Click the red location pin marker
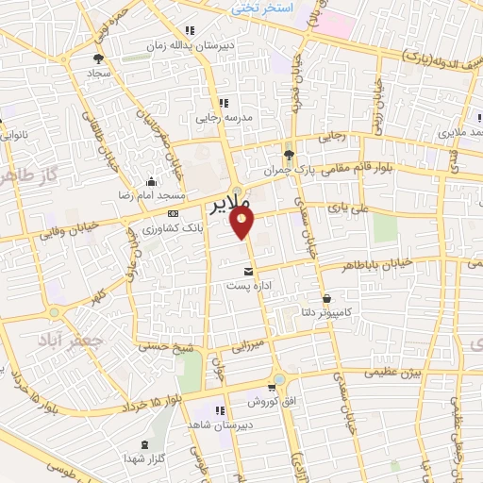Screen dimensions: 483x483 click(244, 222)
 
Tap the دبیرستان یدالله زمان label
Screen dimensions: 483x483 click(186, 44)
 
